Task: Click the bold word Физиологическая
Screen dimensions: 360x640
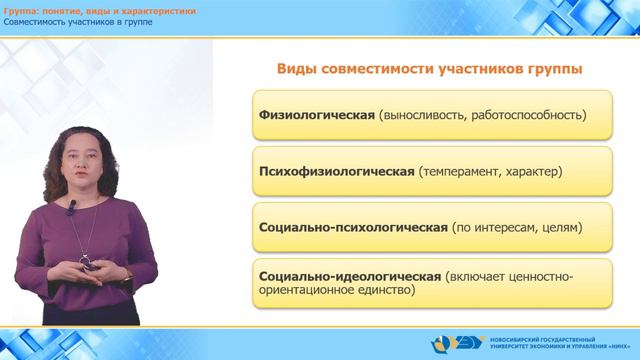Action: (315, 114)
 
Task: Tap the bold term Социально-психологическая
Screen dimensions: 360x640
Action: (351, 227)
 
